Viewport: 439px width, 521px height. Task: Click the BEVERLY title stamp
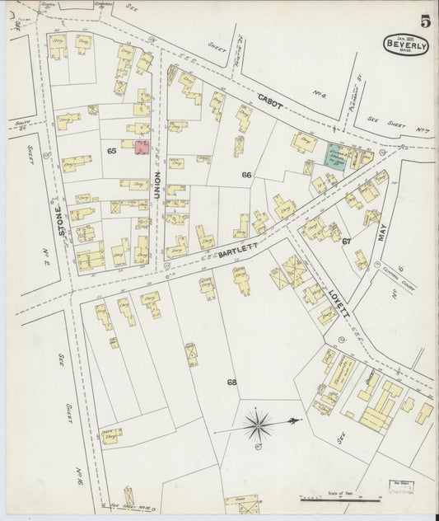tap(405, 45)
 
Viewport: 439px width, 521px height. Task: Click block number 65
tap(111, 151)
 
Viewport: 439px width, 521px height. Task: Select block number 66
tap(246, 175)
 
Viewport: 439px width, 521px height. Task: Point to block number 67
tap(347, 241)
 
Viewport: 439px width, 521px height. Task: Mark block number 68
tap(232, 382)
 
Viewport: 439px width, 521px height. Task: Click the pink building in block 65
tap(141, 148)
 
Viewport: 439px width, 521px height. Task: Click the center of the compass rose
tap(260, 425)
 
